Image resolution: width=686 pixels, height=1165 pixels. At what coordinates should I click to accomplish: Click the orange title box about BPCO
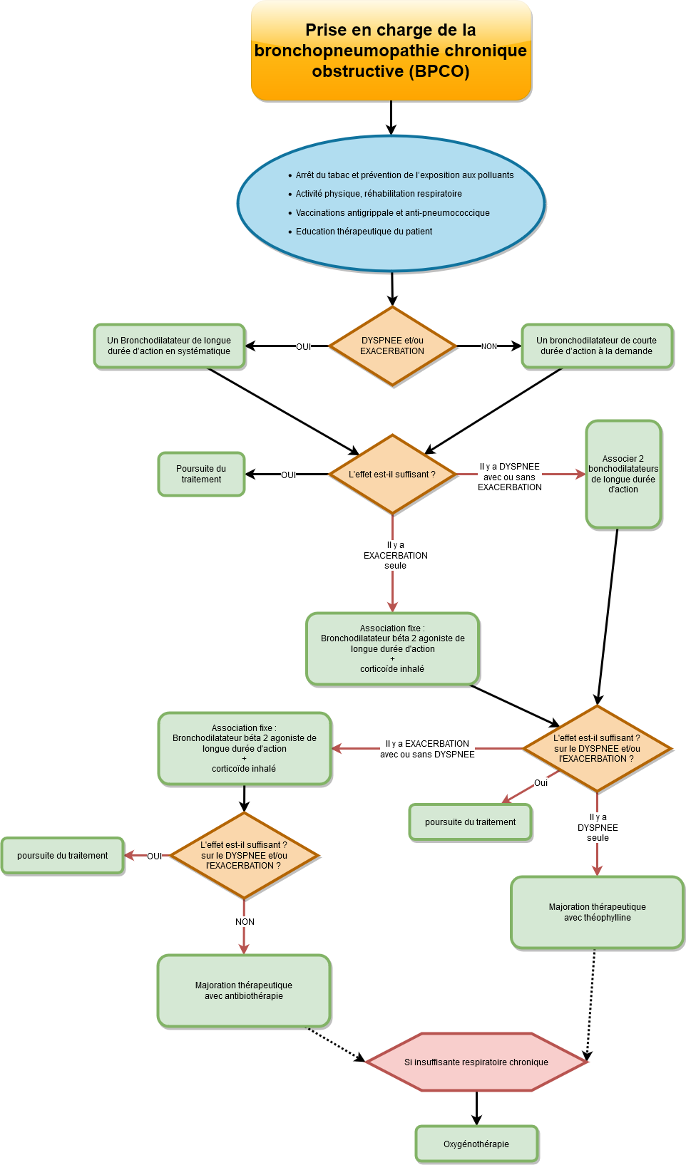[391, 51]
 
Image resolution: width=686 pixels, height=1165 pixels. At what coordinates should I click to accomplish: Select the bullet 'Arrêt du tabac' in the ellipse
[404, 175]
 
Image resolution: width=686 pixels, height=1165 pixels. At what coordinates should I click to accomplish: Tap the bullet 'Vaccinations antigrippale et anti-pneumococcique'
[392, 213]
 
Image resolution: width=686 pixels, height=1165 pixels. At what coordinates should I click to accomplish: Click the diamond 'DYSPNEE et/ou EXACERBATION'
[392, 346]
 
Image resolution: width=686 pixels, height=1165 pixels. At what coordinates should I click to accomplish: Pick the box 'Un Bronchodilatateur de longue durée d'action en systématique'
[169, 346]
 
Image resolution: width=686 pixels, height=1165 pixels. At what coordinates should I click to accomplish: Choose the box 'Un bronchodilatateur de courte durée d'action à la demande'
[597, 346]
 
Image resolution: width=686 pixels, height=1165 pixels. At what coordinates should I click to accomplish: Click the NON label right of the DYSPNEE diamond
[488, 347]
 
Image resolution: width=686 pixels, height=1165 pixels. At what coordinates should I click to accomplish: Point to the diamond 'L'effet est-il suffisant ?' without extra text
[392, 475]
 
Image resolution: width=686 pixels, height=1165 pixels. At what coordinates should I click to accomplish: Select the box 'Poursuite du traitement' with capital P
[201, 475]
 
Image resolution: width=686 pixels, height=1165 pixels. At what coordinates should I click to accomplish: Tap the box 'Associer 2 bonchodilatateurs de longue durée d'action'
[623, 475]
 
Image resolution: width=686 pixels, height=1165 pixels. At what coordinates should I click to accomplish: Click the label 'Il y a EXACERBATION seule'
[396, 556]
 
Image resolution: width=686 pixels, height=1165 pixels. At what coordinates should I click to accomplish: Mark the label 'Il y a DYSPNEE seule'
[598, 828]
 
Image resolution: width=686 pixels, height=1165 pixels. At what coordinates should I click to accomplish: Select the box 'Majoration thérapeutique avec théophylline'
[598, 913]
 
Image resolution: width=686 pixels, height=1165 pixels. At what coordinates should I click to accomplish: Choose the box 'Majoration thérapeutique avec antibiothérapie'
[244, 991]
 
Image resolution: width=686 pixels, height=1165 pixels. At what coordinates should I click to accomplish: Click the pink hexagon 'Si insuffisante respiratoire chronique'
[476, 1062]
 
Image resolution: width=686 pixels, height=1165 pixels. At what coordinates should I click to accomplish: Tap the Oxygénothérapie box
[476, 1144]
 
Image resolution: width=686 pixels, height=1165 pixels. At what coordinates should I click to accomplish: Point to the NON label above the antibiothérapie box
[245, 922]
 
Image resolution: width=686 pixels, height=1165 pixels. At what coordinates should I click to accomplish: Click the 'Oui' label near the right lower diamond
[541, 783]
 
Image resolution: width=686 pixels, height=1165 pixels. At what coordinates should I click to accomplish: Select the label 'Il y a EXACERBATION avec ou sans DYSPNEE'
[427, 749]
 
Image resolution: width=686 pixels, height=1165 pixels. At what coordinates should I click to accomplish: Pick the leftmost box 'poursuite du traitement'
[63, 856]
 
